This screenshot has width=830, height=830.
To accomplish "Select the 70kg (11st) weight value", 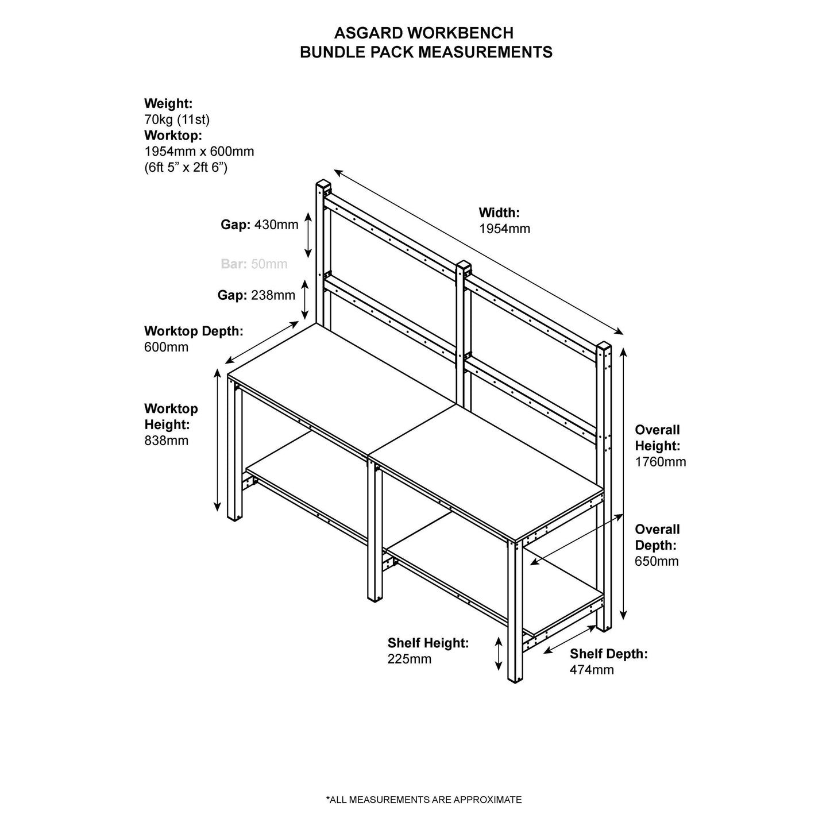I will (177, 119).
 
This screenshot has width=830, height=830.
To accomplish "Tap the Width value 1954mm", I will (504, 229).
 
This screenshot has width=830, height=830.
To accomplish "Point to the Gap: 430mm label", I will (260, 225).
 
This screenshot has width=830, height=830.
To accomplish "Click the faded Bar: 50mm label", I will (254, 264).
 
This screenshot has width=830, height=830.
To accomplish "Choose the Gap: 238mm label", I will (256, 295).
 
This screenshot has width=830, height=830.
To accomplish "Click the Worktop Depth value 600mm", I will (166, 348).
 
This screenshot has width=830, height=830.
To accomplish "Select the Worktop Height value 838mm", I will (166, 441).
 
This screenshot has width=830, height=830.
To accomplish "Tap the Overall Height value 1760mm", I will (660, 462).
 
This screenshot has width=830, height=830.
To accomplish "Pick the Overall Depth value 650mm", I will (657, 561).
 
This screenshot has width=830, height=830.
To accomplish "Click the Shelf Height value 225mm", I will (409, 659).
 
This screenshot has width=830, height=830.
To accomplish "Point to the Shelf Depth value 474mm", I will (592, 670).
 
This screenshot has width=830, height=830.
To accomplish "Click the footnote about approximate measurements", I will (423, 800).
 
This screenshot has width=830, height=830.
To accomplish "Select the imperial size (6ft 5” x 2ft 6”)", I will (186, 168).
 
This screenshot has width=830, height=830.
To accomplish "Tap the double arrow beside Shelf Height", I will (499, 653).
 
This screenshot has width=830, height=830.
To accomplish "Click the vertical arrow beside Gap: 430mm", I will (308, 234).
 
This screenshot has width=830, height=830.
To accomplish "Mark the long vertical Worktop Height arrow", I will (217, 439).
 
